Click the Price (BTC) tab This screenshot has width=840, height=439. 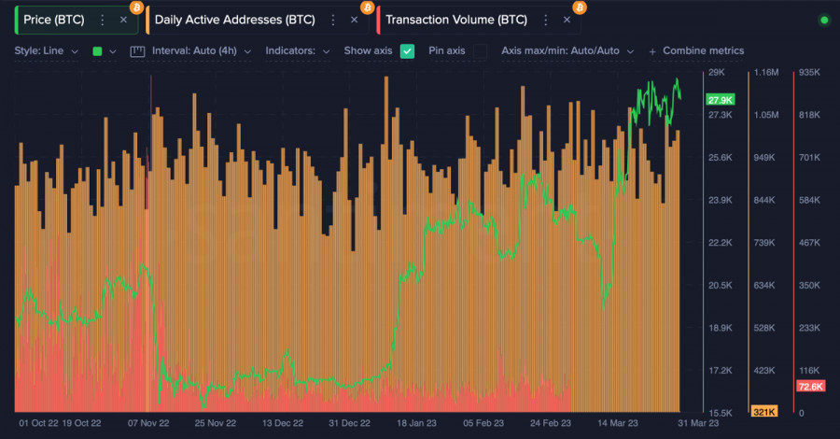click(54, 20)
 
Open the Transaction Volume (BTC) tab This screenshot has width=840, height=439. click(455, 20)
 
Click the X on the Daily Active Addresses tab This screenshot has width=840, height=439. click(353, 20)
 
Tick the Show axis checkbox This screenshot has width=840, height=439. click(407, 50)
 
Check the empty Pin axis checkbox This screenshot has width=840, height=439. click(480, 50)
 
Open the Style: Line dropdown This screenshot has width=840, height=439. click(47, 50)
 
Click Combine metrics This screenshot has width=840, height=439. click(702, 50)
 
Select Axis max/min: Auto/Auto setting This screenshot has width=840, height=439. click(567, 50)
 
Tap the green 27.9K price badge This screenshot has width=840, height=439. click(721, 100)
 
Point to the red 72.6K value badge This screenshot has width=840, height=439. click(809, 386)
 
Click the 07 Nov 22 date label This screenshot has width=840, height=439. click(148, 422)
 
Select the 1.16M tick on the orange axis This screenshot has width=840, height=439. click(765, 73)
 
